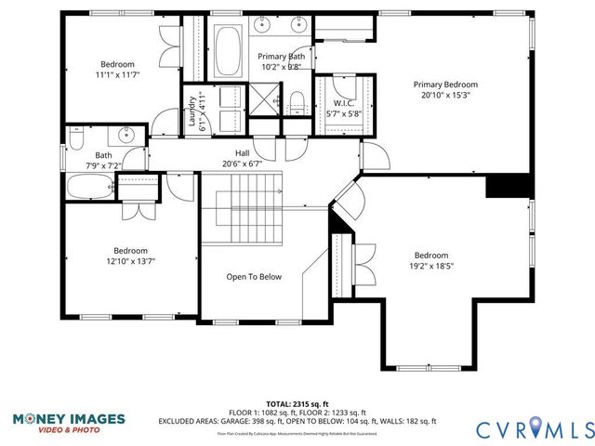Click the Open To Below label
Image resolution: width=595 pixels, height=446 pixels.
[x=254, y=276]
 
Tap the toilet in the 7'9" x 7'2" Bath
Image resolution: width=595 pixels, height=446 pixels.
[x=77, y=138]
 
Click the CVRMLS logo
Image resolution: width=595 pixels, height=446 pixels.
[x=534, y=428]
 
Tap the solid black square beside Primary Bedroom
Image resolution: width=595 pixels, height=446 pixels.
[x=509, y=185]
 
